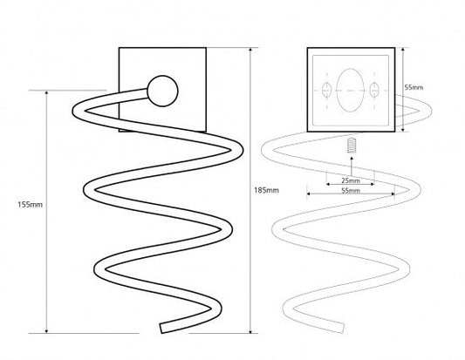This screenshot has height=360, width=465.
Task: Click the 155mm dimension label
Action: pos(30,205)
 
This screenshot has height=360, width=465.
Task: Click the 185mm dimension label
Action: pos(266,190)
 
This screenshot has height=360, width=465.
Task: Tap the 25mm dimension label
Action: pos(351,180)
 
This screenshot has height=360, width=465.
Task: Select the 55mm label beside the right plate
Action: pos(414,87)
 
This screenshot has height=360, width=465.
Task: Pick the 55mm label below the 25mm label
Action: pos(351,191)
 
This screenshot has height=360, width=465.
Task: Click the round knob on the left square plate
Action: pos(162,91)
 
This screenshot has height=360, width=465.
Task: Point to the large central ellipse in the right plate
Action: pos(350,90)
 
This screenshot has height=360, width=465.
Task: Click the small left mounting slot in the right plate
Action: pos(326,90)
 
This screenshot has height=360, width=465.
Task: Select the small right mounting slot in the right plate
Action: pos(374,90)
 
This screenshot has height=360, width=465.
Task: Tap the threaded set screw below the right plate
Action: pos(352,146)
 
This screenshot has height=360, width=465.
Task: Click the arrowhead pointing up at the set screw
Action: pos(352,159)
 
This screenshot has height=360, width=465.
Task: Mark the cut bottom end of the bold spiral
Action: pos(161,329)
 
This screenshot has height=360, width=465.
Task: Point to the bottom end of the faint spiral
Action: pos(343,328)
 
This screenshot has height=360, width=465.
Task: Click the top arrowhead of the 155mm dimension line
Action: pos(46,93)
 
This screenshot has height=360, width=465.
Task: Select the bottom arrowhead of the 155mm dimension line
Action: pos(46,330)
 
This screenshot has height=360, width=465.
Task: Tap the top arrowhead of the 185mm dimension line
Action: pos(250,50)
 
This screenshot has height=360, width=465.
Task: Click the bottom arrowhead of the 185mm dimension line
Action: pos(250,330)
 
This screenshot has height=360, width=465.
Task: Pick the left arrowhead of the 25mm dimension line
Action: pos(329,184)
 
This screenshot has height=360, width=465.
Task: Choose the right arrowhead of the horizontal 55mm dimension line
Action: pos(393,194)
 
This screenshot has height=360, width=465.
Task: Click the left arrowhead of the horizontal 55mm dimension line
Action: pos(309,194)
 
